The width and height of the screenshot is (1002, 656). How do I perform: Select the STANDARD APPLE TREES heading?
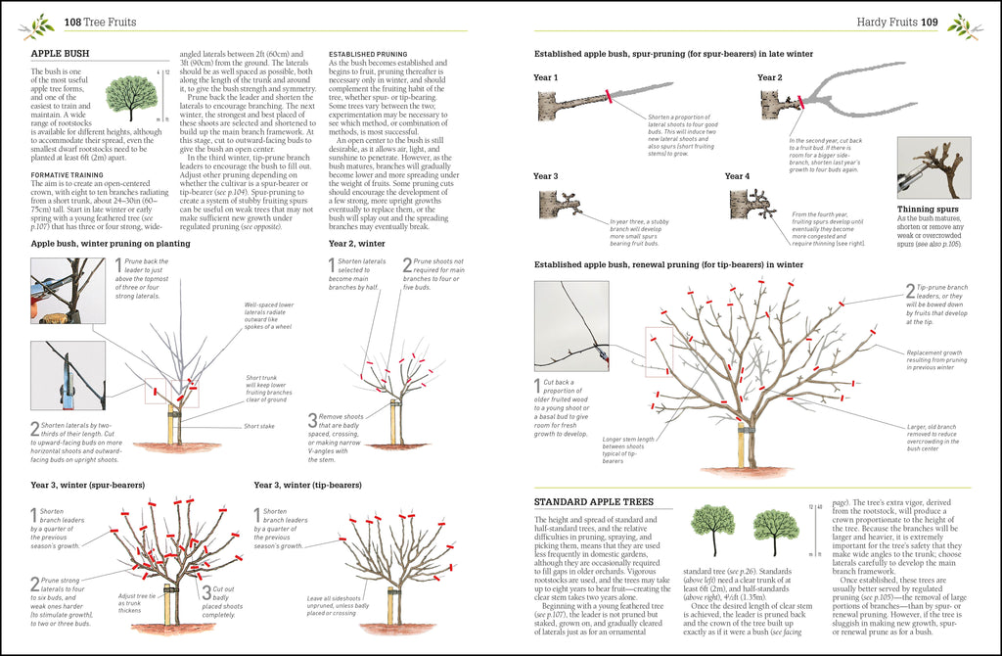click(x=594, y=502)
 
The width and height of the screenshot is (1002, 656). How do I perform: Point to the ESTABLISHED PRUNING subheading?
click(x=367, y=53)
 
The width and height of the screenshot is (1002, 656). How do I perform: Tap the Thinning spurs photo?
click(x=934, y=167)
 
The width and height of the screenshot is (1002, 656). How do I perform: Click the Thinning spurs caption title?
click(x=927, y=209)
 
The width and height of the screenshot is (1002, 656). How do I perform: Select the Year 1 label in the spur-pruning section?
click(x=546, y=77)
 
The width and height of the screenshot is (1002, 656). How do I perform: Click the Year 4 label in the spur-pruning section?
click(x=738, y=176)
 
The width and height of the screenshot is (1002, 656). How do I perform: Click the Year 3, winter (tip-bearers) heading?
click(x=307, y=485)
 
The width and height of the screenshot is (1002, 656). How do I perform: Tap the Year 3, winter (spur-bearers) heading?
click(x=87, y=485)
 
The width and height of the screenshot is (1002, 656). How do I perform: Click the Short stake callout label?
click(x=259, y=426)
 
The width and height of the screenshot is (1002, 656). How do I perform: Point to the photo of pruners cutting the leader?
click(x=68, y=290)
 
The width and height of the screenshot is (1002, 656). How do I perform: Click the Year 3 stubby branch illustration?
click(x=564, y=205)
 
